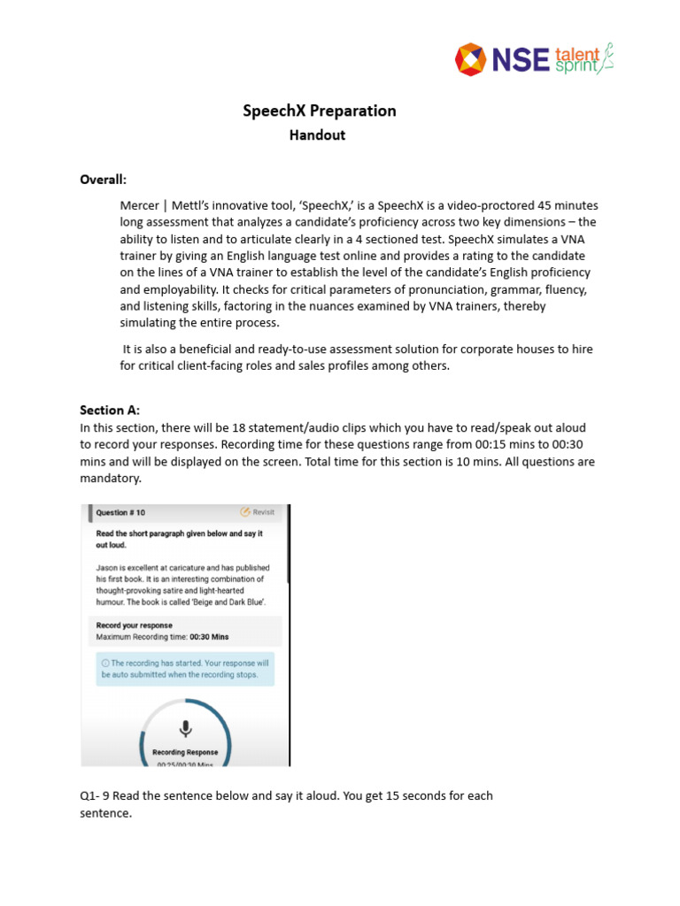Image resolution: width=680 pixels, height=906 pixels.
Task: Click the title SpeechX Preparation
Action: (320, 111)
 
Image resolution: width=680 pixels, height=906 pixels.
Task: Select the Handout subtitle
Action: (318, 135)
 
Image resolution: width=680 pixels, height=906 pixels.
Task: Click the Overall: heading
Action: (104, 180)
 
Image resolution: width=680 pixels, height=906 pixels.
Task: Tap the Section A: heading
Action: (110, 410)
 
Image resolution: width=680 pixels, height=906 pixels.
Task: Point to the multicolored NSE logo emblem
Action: (471, 59)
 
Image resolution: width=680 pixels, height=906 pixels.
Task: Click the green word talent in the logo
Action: (576, 52)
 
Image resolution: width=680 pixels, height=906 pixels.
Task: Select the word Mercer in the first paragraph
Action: (141, 205)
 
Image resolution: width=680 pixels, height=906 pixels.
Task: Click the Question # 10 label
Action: (120, 512)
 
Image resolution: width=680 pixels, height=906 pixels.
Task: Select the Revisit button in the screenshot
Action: (258, 512)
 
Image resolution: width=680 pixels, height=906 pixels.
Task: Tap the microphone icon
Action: (185, 728)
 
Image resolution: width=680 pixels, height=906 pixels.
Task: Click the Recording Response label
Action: (185, 752)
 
